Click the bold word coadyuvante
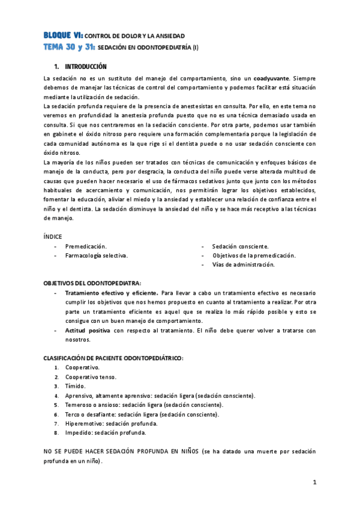(272, 79)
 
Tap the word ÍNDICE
(53, 236)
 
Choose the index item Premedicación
(86, 246)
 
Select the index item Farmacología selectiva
(96, 255)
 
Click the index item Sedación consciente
(240, 246)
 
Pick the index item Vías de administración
(243, 264)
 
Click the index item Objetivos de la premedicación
(254, 255)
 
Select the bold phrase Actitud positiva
(88, 330)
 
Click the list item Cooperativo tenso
(91, 377)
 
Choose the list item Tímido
(76, 386)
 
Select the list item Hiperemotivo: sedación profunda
(112, 423)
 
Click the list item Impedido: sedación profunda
(104, 432)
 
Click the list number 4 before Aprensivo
(56, 396)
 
